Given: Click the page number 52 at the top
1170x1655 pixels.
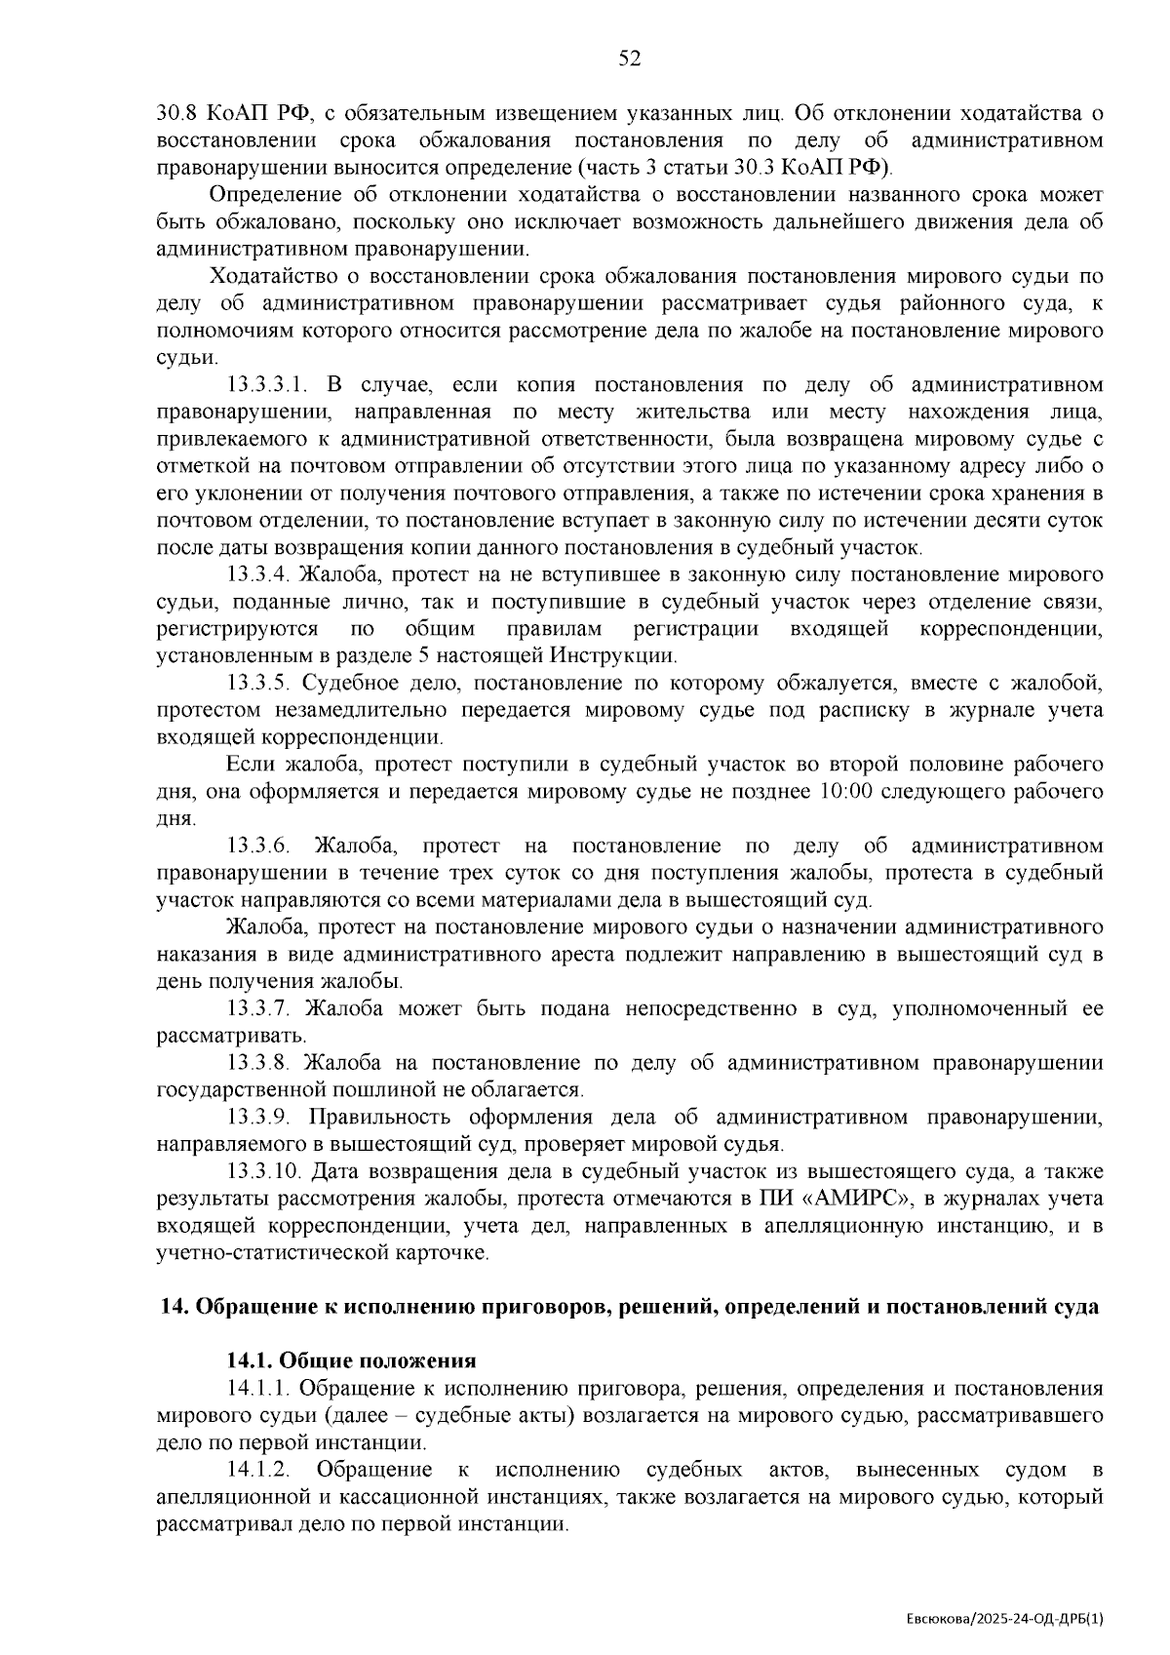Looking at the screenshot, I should pyautogui.click(x=630, y=59).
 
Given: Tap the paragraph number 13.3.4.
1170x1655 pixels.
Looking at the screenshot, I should pyautogui.click(x=258, y=574).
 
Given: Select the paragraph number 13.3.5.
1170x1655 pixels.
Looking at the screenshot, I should pyautogui.click(x=258, y=683).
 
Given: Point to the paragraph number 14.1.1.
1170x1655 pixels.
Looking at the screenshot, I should pyautogui.click(x=258, y=1389).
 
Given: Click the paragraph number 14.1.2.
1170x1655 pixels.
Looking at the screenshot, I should pyautogui.click(x=258, y=1471).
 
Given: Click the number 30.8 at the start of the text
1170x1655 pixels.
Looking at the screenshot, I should pyautogui.click(x=178, y=113).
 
